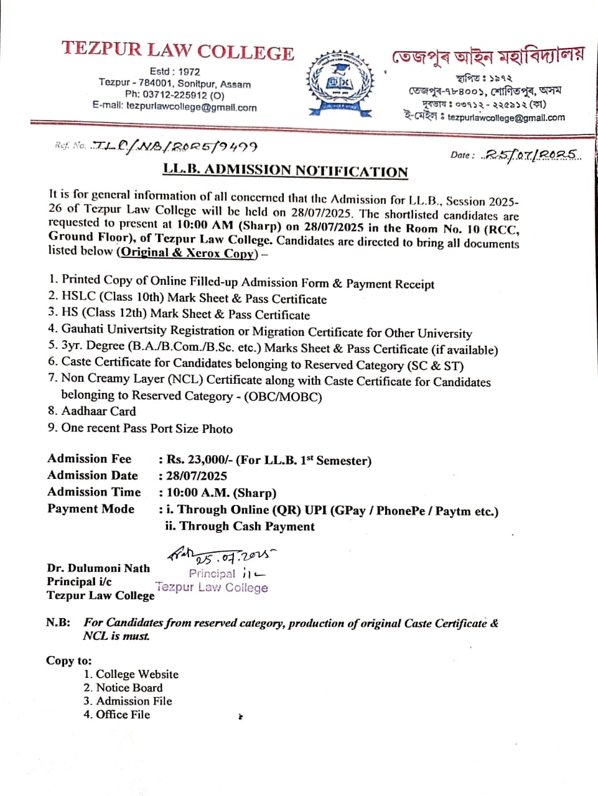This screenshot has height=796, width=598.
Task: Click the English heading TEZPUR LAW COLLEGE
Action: [177, 51]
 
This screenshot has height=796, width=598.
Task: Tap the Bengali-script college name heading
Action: [487, 56]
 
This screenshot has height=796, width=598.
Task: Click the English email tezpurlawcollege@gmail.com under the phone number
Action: [191, 107]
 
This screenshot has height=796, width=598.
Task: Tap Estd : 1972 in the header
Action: [175, 72]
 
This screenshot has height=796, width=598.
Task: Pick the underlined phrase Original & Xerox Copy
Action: [188, 252]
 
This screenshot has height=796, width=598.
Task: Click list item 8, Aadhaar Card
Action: [98, 411]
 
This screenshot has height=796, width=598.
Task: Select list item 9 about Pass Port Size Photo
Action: [146, 428]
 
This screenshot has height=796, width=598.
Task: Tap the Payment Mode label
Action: [91, 509]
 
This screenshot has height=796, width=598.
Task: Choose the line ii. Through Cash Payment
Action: [240, 526]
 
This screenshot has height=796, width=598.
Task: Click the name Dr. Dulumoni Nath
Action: [98, 568]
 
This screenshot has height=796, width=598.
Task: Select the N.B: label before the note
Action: [58, 622]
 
